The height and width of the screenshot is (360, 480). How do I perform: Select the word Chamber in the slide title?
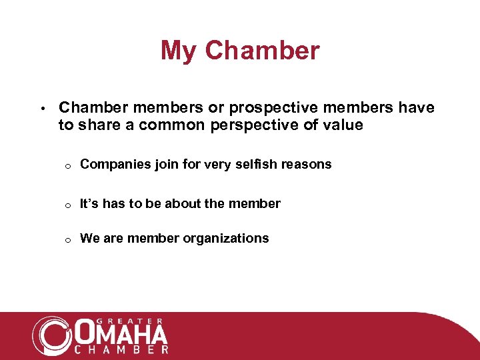point(263,51)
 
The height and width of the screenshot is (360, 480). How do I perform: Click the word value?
point(344,125)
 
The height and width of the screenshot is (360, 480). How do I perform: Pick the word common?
point(178,125)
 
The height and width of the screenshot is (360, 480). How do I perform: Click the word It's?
point(89,203)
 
